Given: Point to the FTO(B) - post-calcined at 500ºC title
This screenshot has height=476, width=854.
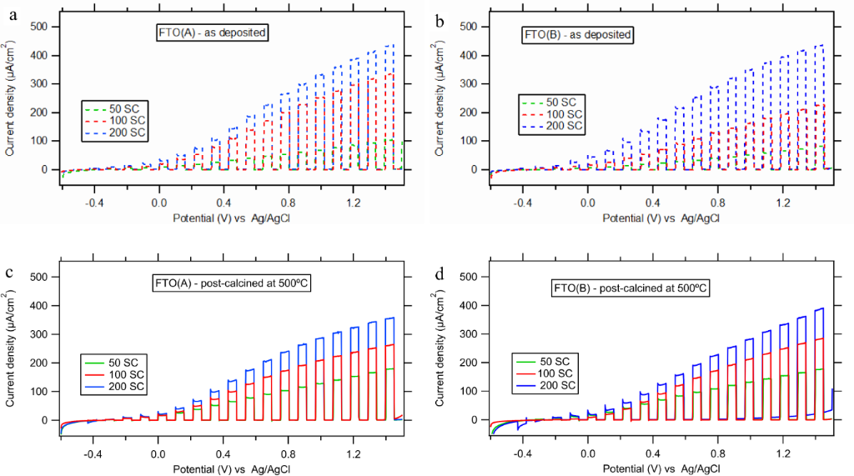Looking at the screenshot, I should [x=630, y=288].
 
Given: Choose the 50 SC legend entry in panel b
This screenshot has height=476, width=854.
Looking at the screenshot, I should [x=559, y=101].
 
